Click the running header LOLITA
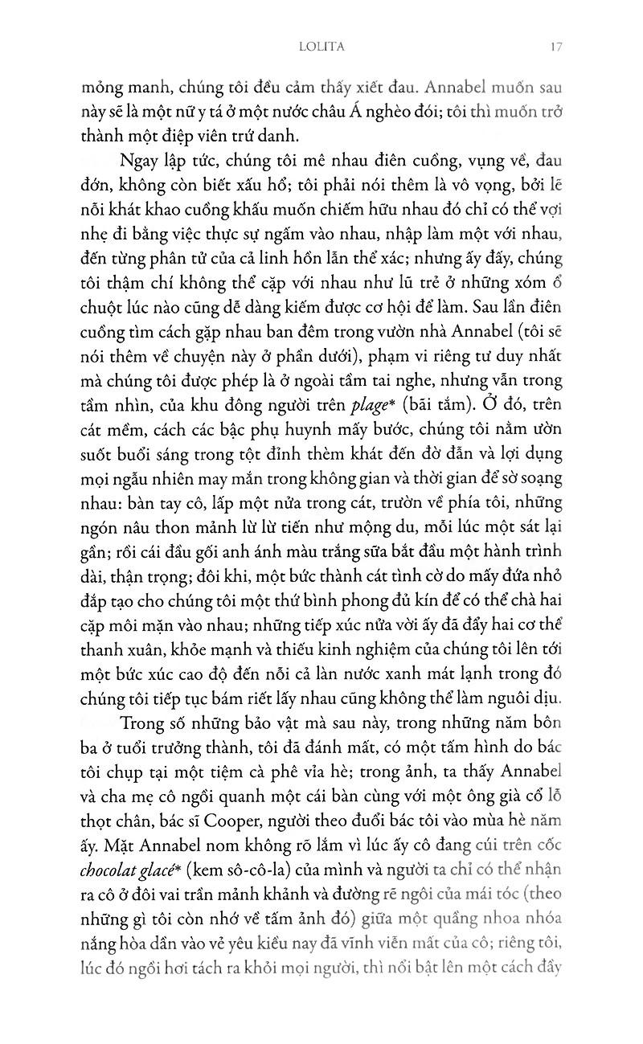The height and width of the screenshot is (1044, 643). pos(321,47)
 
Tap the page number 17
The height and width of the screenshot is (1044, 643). pos(556,47)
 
